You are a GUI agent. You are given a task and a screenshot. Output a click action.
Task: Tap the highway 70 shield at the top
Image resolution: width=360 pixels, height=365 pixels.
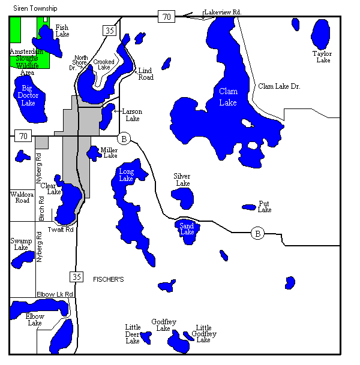(x=166, y=17)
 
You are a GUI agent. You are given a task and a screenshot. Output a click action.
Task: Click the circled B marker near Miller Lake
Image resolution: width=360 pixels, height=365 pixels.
(x=124, y=138)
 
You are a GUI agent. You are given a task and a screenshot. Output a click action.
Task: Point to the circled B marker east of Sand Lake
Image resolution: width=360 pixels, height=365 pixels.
(x=257, y=233)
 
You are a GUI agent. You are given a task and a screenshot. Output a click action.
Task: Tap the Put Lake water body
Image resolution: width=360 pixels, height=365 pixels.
(x=249, y=207)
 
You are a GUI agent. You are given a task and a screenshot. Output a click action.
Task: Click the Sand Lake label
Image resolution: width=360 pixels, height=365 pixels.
(x=187, y=228)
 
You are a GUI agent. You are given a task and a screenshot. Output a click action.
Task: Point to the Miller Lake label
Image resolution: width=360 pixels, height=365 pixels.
(x=109, y=153)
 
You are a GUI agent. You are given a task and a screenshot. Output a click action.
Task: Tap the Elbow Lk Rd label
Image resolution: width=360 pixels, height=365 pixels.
(x=55, y=294)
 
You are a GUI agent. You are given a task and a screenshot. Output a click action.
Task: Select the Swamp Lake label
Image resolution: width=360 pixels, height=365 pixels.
(x=21, y=244)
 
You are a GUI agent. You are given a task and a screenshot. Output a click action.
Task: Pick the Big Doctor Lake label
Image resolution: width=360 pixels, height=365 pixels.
(x=28, y=95)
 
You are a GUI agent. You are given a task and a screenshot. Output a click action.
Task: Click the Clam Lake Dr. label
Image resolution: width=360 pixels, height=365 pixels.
(x=279, y=86)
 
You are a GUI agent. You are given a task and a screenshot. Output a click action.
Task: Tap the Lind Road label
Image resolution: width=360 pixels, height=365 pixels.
(x=146, y=74)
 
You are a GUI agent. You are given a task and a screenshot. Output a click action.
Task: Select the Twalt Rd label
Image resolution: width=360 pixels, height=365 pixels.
(x=61, y=230)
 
